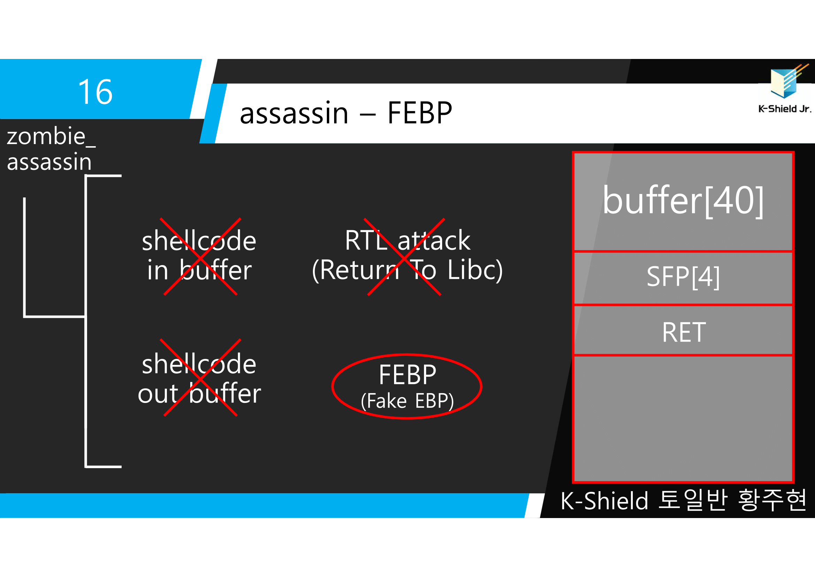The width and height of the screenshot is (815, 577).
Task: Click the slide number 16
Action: pos(95,92)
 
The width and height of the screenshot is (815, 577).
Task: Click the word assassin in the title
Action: pos(294,113)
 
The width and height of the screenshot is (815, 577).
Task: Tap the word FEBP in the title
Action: pos(420,113)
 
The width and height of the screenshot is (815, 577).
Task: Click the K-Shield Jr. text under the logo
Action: pos(784,109)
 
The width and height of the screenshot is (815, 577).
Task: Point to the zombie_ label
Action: pos(51,136)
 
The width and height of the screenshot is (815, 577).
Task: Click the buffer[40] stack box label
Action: pos(683,201)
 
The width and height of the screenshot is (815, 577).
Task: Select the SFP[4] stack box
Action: pos(683,277)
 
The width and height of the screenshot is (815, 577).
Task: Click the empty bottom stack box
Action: pos(683,419)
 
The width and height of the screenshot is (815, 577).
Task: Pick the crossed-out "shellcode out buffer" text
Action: pos(199,379)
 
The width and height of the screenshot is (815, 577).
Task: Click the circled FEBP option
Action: pos(407,375)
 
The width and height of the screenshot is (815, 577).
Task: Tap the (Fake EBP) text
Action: pos(407,401)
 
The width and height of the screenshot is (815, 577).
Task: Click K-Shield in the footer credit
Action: pos(604,501)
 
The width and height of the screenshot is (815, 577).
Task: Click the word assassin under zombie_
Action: pos(49,162)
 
